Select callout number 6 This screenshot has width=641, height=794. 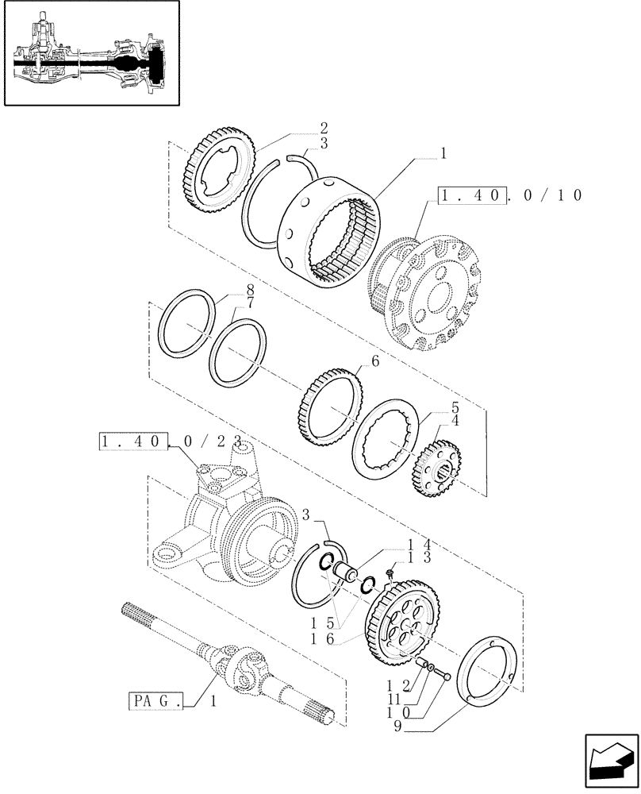tap(374, 361)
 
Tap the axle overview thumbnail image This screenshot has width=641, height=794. tap(90, 54)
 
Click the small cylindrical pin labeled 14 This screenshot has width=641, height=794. tap(346, 571)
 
